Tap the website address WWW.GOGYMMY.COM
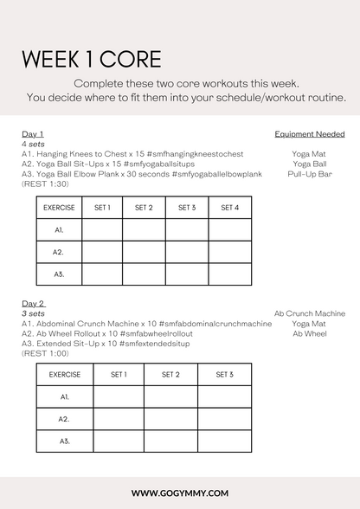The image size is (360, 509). [x=180, y=493]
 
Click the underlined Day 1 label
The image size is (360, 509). [x=33, y=134]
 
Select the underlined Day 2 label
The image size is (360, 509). [x=33, y=304]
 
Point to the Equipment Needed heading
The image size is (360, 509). [x=309, y=134]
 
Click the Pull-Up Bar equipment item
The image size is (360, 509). [x=309, y=174]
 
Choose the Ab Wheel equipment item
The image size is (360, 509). [x=309, y=333]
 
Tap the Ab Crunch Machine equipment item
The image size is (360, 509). [x=309, y=313]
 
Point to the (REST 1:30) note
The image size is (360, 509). [x=45, y=184]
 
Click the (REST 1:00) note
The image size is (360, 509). [x=45, y=353]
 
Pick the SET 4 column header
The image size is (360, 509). [x=229, y=209]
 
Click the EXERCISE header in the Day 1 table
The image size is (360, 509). [x=59, y=209]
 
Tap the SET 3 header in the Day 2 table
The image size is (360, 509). [x=224, y=375]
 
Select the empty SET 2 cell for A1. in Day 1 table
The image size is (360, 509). [x=145, y=230]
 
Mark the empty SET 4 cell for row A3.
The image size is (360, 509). [x=229, y=274]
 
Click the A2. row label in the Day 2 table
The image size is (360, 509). [x=64, y=419]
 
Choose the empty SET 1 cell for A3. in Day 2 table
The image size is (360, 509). [x=119, y=441]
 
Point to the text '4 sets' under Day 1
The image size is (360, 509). [x=31, y=144]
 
